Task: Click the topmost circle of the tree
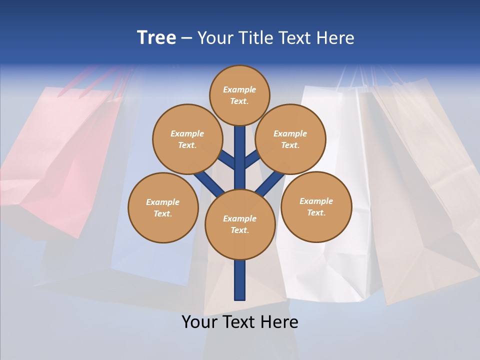(x=239, y=95)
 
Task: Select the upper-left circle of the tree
(x=187, y=139)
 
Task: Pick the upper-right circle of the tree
(x=290, y=139)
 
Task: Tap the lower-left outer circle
(x=162, y=207)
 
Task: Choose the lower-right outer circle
(x=316, y=206)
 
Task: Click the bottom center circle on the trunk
(x=240, y=224)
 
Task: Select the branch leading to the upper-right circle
(x=252, y=159)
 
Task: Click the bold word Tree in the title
(x=156, y=37)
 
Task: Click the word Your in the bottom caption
(x=199, y=322)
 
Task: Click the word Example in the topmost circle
(x=239, y=89)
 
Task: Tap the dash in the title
(x=187, y=38)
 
